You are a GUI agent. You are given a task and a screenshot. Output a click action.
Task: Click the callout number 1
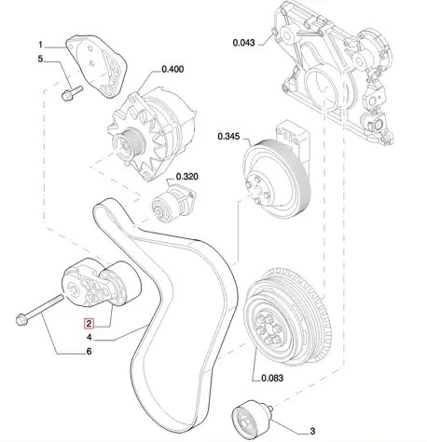[40, 45]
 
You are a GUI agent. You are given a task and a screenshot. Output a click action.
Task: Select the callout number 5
[40, 59]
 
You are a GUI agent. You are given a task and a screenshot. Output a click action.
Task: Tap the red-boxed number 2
[89, 324]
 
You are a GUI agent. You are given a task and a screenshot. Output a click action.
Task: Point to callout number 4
[90, 337]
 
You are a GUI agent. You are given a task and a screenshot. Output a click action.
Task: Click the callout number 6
[90, 351]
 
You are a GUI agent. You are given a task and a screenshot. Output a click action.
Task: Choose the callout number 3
[312, 431]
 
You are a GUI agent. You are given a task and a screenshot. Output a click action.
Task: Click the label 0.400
[172, 69]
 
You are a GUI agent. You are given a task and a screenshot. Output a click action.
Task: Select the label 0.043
[243, 43]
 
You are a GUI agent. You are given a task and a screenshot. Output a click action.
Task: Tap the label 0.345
[228, 136]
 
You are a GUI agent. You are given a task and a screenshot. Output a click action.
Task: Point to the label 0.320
[187, 177]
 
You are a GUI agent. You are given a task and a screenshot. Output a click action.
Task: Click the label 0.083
[272, 378]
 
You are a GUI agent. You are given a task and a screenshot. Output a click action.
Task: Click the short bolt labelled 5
[72, 93]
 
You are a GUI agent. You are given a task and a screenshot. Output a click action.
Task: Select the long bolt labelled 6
[39, 310]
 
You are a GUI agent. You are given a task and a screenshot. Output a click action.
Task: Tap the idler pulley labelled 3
[252, 418]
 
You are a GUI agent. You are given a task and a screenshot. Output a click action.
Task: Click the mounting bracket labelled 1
[97, 66]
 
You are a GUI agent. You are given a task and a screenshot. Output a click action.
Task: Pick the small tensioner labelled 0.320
[173, 202]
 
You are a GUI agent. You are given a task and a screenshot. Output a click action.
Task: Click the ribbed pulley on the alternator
[129, 143]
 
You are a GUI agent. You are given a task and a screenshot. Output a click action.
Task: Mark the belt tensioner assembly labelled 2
[102, 283]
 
